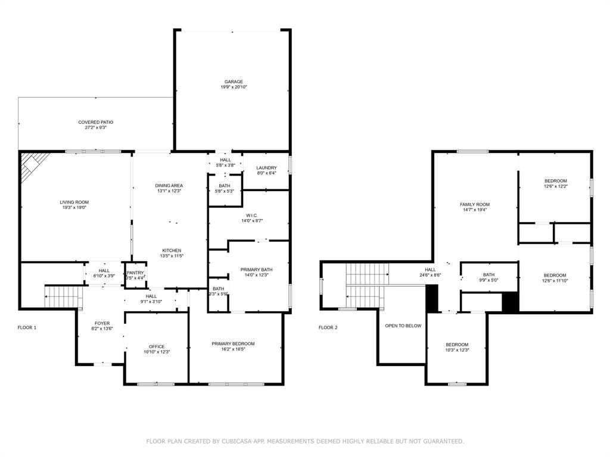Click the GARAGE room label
coord(234,82)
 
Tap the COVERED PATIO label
coord(96,122)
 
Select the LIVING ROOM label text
coord(74,202)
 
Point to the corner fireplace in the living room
coord(33,165)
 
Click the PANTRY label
coord(135,273)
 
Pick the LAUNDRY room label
coord(266,168)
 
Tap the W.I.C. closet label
coord(252,215)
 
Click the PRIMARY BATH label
coord(256,270)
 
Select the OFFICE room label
coord(157,347)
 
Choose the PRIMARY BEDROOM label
coord(233,343)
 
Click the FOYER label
coord(102,323)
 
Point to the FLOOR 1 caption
coord(27,328)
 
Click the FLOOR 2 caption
coord(328,328)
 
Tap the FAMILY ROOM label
coord(475,205)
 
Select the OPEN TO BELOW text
coord(403,325)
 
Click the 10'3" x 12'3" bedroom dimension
coord(457,350)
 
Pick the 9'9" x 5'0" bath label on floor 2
coord(488,280)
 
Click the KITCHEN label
coord(172,251)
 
